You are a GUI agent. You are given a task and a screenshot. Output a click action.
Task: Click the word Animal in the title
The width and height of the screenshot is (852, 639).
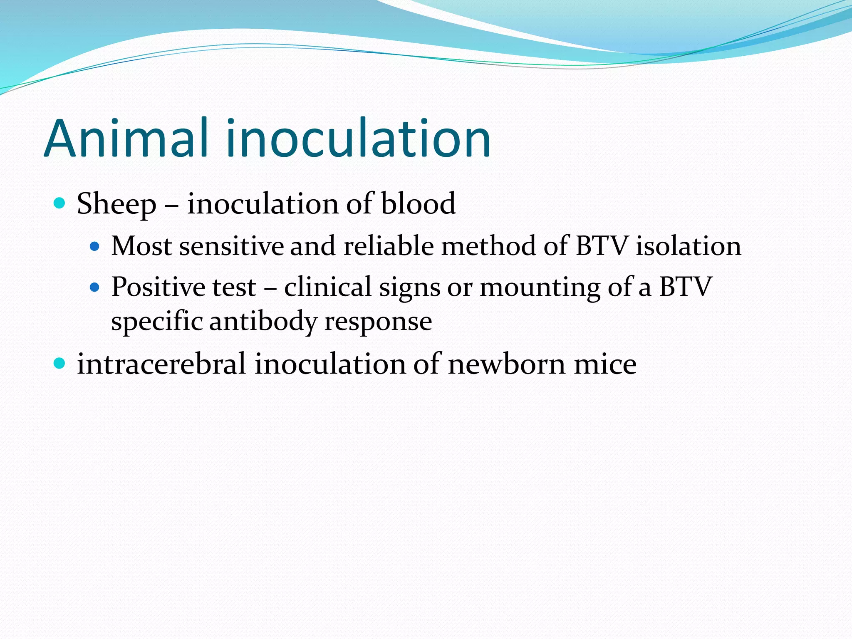(125, 138)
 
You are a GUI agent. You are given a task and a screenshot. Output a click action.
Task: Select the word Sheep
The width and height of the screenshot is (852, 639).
(116, 204)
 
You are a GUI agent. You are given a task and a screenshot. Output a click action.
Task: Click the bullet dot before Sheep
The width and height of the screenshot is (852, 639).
(60, 203)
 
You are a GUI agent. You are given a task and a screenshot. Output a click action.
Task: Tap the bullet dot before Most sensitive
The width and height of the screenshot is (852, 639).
(95, 246)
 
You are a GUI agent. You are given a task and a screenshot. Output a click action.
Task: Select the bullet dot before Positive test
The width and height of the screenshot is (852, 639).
(95, 287)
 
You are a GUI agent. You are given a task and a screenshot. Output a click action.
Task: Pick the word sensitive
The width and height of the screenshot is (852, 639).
(231, 246)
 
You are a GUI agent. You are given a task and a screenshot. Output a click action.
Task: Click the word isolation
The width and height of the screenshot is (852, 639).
(688, 246)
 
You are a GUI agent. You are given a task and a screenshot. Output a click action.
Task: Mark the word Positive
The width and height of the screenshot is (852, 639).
(159, 287)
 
